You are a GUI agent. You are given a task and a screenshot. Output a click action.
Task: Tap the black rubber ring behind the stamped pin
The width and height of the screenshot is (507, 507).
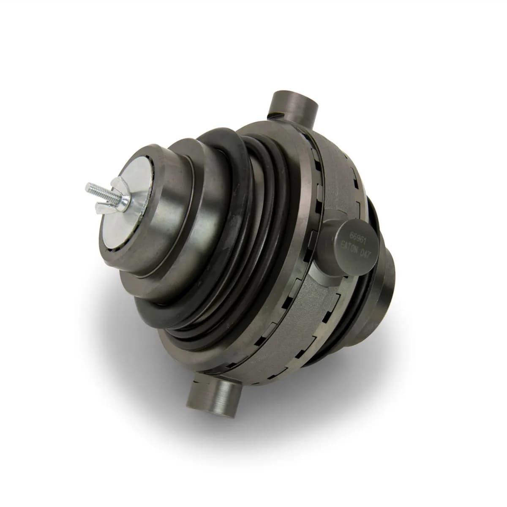[x=372, y=211]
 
